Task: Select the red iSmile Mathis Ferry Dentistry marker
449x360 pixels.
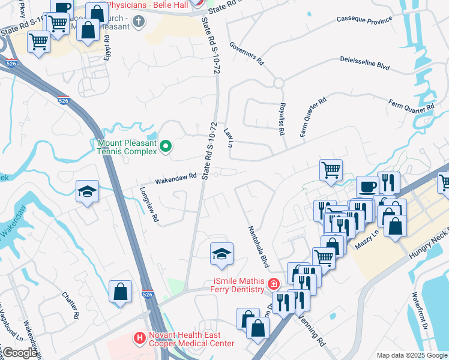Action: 274,283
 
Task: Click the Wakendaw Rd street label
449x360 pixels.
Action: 176,178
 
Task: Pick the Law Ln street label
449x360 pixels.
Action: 228,137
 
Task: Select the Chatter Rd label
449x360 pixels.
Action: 71,305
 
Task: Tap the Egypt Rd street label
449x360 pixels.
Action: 106,47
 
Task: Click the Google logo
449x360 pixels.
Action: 20,353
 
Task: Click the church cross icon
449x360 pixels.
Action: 139,23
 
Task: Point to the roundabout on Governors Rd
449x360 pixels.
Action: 279,83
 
